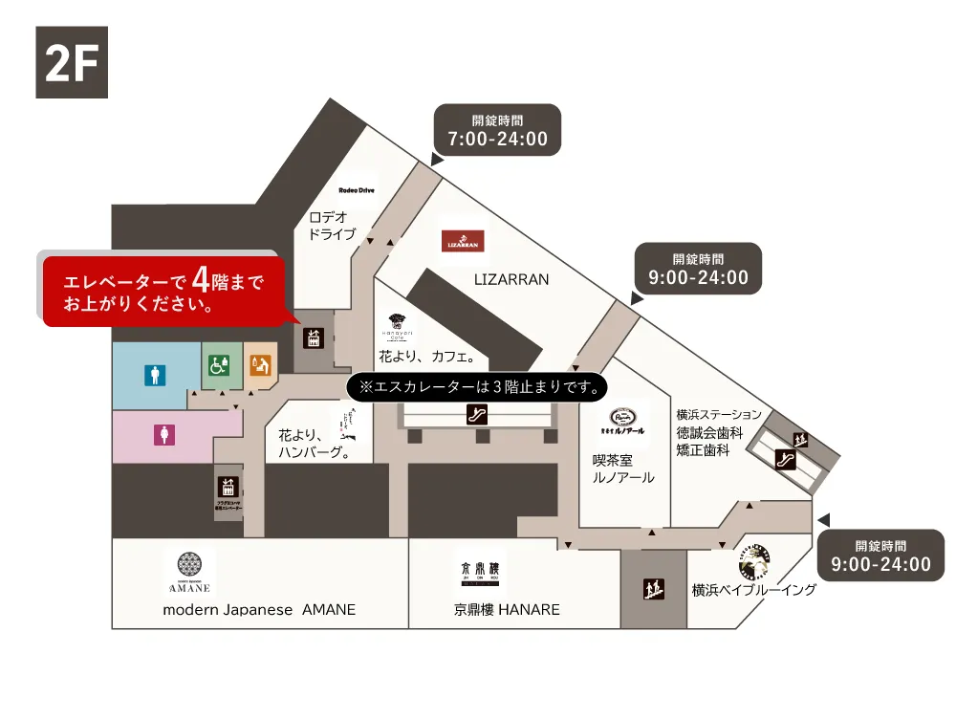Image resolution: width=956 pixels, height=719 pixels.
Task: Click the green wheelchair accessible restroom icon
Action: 219,364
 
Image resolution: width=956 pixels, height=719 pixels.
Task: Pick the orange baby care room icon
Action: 260,364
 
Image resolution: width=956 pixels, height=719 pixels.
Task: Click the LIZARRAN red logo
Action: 463,242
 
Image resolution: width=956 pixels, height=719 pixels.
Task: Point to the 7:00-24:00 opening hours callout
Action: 497,131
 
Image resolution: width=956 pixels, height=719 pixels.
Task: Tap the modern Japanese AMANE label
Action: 259,610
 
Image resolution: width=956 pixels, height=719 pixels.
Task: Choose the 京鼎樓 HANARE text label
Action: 507,610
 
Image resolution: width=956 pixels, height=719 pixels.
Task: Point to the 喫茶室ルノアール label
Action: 622,468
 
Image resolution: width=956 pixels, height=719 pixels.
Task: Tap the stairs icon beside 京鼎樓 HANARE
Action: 654,588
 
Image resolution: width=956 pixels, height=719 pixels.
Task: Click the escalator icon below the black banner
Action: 476,415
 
